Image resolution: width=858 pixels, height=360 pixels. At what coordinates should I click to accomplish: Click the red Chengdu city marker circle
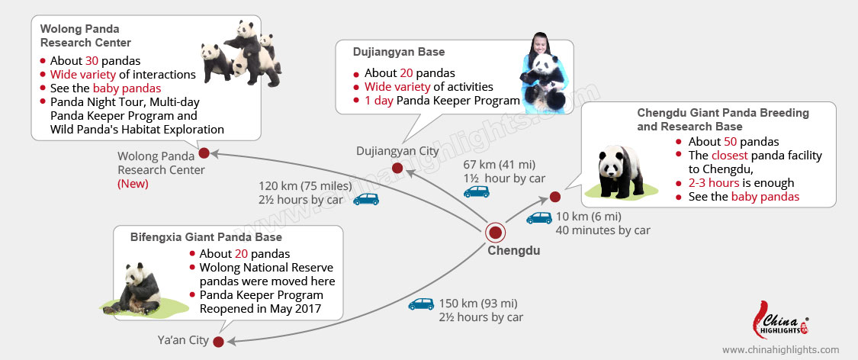coord(496,233)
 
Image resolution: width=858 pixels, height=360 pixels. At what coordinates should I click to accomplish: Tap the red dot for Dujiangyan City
coord(397,168)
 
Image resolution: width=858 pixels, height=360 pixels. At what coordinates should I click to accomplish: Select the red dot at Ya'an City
coord(218,341)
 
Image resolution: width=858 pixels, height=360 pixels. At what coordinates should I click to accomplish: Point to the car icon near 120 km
coord(365,199)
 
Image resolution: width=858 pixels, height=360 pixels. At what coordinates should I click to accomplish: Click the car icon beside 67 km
coord(477,192)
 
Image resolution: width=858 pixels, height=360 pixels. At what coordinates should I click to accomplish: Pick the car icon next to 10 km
coord(539,217)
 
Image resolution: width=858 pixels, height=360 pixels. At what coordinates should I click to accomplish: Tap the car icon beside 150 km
coord(421,304)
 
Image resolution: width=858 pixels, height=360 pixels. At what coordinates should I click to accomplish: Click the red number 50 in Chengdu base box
coord(732,142)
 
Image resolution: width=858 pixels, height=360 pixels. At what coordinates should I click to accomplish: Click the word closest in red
coord(731,156)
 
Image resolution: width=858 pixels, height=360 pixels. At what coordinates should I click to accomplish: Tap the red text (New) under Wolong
coord(133,184)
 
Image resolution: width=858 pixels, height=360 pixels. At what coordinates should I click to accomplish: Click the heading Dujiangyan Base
coord(399,52)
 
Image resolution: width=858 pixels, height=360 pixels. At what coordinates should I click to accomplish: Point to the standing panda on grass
coord(619,172)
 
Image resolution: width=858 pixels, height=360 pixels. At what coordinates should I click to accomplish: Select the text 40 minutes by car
coord(603,230)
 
